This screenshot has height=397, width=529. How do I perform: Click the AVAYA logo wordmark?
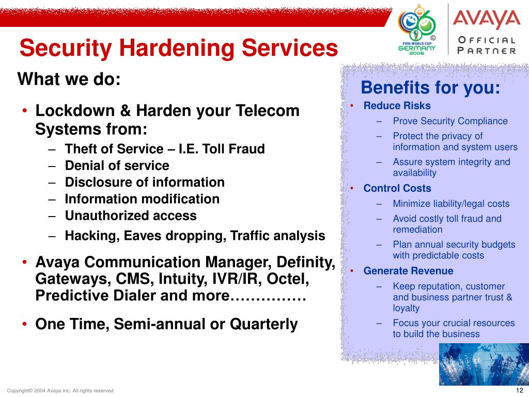pos(487,20)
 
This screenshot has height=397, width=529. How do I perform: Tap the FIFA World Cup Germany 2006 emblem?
pos(417,29)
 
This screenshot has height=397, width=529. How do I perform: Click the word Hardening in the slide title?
pos(178,48)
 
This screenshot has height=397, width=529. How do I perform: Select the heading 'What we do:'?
pos(69,79)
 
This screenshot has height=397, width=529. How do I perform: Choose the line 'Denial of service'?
pos(117,165)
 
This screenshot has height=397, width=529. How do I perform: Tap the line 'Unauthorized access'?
pos(131,216)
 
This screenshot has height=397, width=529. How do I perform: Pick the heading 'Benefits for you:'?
pos(430,87)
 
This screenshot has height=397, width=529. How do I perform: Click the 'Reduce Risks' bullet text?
pos(397,105)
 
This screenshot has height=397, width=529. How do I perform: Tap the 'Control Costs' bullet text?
pos(397,188)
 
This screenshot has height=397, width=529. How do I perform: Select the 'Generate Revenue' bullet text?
pos(408,271)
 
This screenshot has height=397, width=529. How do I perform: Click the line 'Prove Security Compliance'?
pos(450,121)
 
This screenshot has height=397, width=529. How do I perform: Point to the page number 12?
pos(520,390)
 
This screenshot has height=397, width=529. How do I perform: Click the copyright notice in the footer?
pos(60,391)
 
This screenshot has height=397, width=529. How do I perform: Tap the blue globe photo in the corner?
pos(484,364)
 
